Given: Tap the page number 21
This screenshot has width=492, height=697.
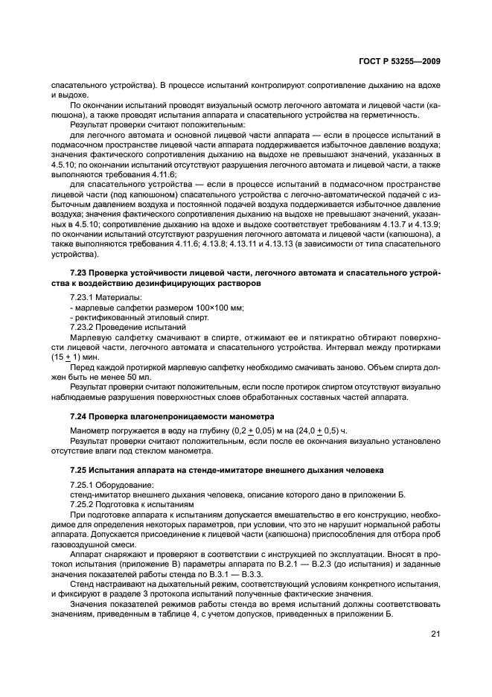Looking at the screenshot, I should coord(435,634).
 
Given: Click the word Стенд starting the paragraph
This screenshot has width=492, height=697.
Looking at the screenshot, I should coord(82,583).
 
